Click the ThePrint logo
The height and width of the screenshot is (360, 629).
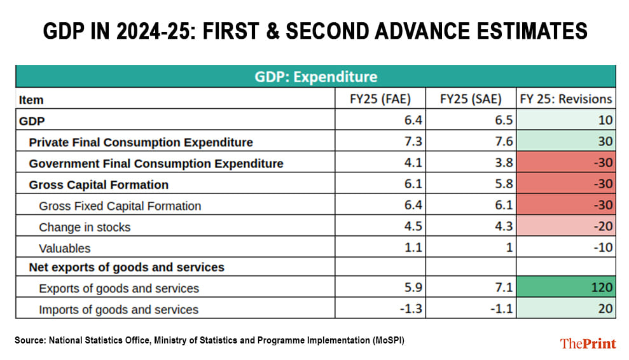(588, 343)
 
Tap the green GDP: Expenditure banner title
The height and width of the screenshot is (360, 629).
(315, 77)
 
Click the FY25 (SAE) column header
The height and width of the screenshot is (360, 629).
(471, 99)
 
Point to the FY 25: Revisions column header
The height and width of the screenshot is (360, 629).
(565, 99)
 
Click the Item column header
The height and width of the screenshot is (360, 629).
(31, 100)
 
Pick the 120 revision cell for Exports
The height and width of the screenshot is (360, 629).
(565, 288)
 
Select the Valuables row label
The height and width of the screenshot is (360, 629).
(65, 248)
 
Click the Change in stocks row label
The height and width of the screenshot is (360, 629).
(85, 227)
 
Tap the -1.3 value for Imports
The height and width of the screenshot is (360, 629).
(413, 310)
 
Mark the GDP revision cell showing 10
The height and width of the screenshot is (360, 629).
(565, 121)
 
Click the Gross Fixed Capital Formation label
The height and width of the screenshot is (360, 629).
(120, 206)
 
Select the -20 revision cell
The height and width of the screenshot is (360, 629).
(565, 227)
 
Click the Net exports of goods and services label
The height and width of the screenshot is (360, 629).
(127, 267)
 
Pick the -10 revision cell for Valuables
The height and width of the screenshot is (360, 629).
(565, 248)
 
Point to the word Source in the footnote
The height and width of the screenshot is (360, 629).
(29, 340)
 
